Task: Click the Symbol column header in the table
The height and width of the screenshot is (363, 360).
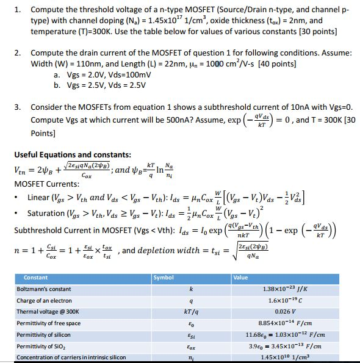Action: point(165,278)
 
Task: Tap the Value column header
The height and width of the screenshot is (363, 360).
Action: point(240,278)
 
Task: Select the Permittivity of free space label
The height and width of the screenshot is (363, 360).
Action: point(48,323)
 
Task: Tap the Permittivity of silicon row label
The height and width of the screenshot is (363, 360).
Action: point(44,334)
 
